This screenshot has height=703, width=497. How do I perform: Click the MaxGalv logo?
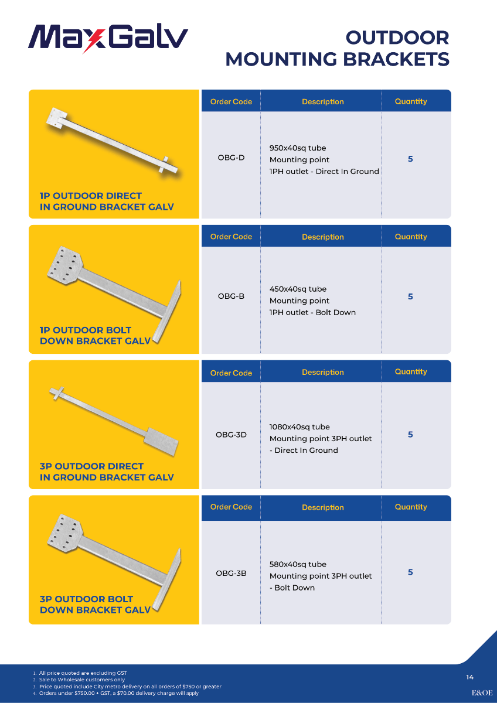(x=108, y=38)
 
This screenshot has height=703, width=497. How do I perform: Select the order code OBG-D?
(x=231, y=158)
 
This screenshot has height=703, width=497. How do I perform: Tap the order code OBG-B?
(x=231, y=296)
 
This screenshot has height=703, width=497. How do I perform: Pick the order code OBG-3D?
(x=231, y=435)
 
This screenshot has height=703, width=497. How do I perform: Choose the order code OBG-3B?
(x=231, y=573)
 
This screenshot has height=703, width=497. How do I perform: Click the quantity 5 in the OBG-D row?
(x=410, y=159)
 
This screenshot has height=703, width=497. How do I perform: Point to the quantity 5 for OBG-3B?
(x=410, y=572)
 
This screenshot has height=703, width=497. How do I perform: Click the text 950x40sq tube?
(x=298, y=148)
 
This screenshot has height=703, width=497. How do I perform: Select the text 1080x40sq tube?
(x=299, y=427)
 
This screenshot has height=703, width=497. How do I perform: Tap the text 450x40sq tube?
(x=298, y=289)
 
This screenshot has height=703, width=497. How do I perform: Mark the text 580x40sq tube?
(x=298, y=564)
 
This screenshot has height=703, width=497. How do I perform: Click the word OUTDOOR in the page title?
(x=397, y=37)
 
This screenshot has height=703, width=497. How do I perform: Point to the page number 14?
(x=469, y=677)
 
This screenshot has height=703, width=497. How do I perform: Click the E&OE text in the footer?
(x=482, y=692)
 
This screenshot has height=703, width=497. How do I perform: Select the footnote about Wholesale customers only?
(x=82, y=680)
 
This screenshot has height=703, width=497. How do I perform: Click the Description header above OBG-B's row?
(x=323, y=237)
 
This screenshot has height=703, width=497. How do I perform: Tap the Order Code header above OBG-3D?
(x=231, y=373)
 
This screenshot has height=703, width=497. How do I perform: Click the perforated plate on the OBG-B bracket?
(x=65, y=265)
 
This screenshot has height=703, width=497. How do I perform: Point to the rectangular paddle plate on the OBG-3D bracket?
(x=161, y=441)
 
